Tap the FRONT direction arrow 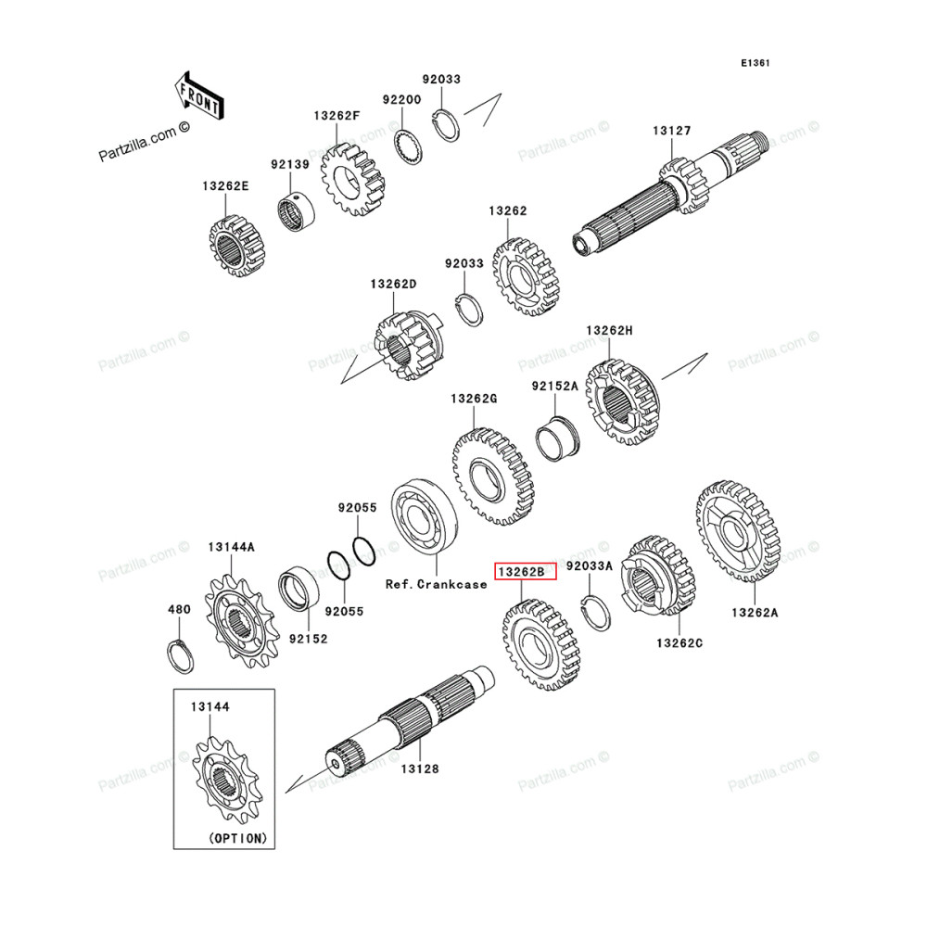click(197, 95)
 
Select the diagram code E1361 click(756, 63)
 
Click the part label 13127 click(671, 132)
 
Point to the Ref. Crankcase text click(436, 585)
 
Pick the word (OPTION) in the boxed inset click(237, 837)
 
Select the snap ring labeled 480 click(182, 655)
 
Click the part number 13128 click(420, 768)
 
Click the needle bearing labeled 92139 click(299, 213)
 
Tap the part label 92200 click(402, 98)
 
